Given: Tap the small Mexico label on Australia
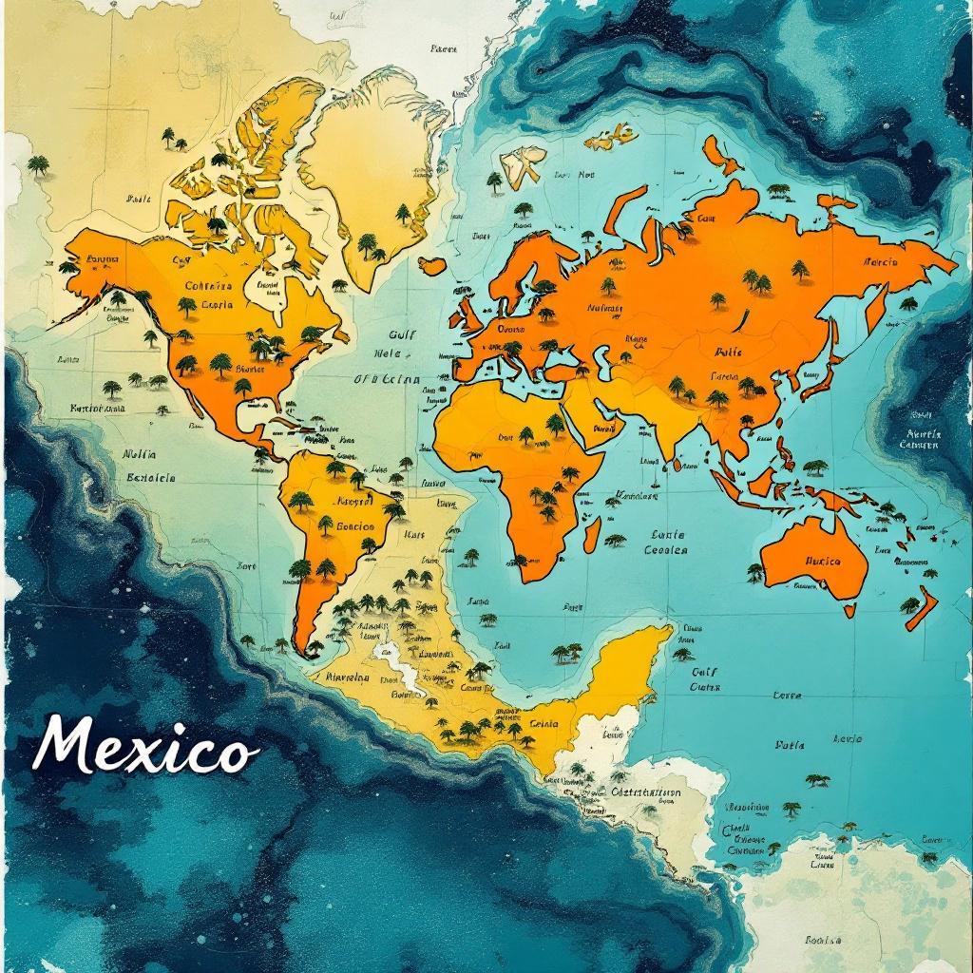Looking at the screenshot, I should (823, 562).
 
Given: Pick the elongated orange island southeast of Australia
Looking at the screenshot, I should (921, 609).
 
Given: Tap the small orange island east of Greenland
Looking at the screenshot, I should (432, 265).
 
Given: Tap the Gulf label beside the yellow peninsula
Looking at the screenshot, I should (704, 671).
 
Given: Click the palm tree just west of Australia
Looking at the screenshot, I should (755, 572).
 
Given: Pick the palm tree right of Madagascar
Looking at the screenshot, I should (616, 540).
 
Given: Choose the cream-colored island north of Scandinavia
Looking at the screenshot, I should (523, 163).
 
